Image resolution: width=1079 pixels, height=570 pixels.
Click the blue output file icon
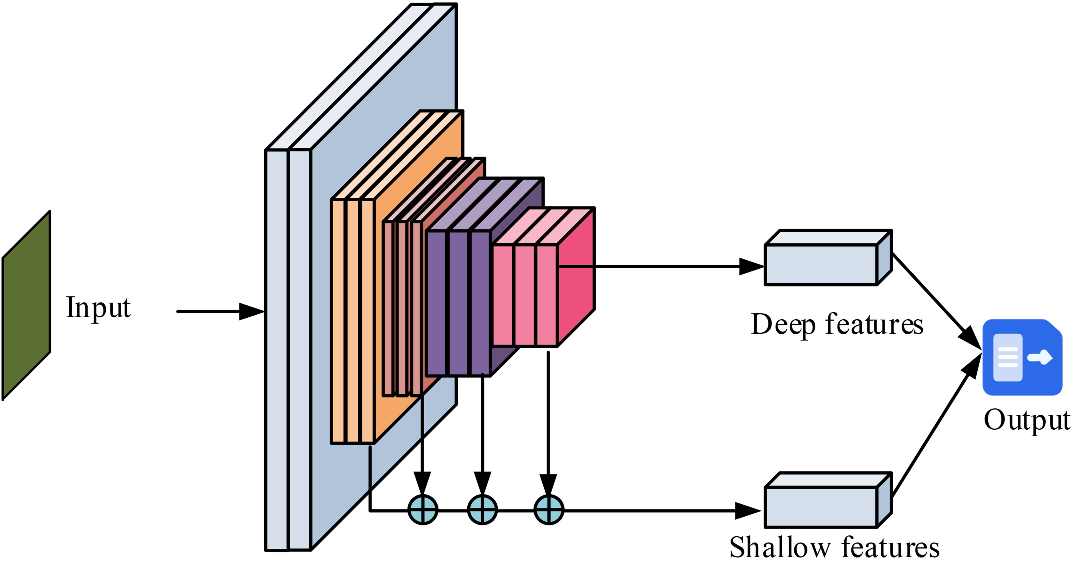tap(1022, 357)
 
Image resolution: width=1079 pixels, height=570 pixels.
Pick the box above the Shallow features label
tap(821, 507)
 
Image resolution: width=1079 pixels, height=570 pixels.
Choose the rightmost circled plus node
tap(549, 510)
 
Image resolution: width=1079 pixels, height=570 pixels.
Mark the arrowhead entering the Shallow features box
tap(749, 511)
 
